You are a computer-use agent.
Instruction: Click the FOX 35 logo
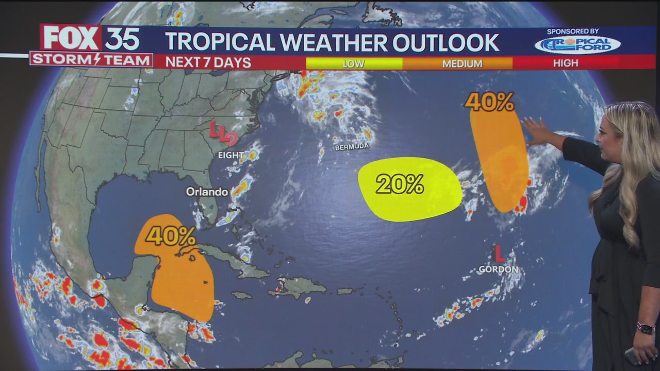pyautogui.click(x=91, y=39)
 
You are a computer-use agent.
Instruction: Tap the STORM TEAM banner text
pyautogui.click(x=91, y=60)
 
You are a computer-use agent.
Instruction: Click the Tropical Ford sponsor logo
pyautogui.click(x=577, y=45)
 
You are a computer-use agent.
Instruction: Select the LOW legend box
pyautogui.click(x=354, y=63)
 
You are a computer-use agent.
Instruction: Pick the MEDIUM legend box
pyautogui.click(x=462, y=63)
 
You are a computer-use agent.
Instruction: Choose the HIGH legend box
pyautogui.click(x=566, y=63)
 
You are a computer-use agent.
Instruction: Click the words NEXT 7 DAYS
pyautogui.click(x=208, y=63)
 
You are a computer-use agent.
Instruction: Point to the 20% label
pyautogui.click(x=400, y=184)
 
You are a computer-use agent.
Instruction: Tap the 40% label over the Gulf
pyautogui.click(x=170, y=236)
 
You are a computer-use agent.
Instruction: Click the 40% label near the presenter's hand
pyautogui.click(x=489, y=102)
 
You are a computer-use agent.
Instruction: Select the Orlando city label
pyautogui.click(x=207, y=192)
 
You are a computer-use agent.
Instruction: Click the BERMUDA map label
pyautogui.click(x=352, y=146)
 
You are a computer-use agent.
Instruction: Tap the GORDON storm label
pyautogui.click(x=498, y=269)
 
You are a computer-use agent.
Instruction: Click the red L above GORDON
pyautogui.click(x=499, y=254)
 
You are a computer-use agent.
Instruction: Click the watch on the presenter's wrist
pyautogui.click(x=646, y=328)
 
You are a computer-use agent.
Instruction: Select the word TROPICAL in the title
pyautogui.click(x=220, y=43)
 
